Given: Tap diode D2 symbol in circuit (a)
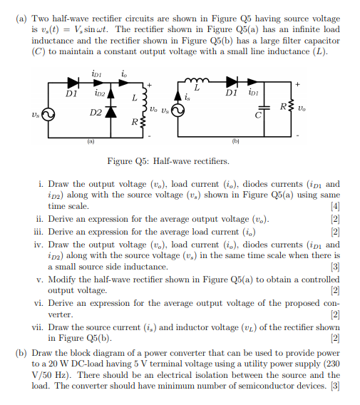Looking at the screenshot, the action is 108,113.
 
